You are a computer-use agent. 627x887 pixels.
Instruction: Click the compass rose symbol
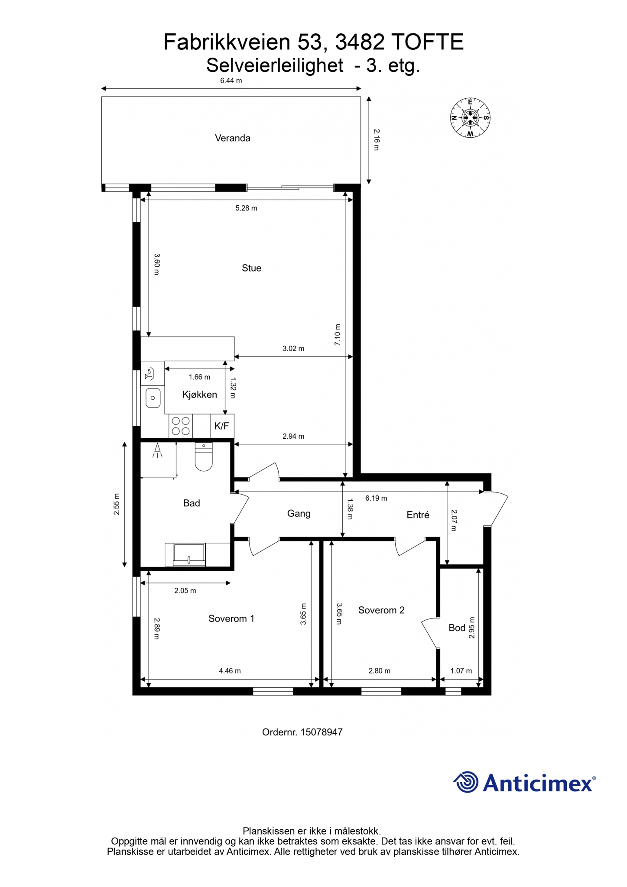[x=470, y=117]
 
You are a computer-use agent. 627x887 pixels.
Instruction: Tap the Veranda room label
[x=233, y=138]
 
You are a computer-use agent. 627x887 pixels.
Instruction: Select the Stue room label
[x=251, y=268]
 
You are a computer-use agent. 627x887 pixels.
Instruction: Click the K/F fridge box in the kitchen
[x=222, y=426]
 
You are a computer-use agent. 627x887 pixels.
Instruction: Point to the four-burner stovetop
[x=181, y=426]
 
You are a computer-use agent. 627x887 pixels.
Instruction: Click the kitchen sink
[x=153, y=398]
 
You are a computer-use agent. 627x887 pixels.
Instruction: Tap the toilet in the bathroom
[x=204, y=456]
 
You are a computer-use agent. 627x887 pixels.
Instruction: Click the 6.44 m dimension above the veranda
[x=231, y=81]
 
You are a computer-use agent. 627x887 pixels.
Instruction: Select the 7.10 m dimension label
[x=338, y=334]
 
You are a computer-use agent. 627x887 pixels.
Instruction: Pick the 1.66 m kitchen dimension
[x=199, y=377]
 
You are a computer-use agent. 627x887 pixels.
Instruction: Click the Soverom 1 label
[x=231, y=618]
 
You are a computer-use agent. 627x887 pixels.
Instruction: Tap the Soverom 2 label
[x=381, y=610]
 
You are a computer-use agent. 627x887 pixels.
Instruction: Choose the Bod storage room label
[x=457, y=628]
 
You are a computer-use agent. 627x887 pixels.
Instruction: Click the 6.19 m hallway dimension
[x=376, y=498]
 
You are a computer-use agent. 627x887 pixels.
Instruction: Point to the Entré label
[x=418, y=515]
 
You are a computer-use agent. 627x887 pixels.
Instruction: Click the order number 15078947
[x=322, y=732]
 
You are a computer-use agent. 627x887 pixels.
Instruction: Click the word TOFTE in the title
[x=428, y=42]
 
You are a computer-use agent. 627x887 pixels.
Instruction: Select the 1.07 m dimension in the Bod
[x=461, y=671]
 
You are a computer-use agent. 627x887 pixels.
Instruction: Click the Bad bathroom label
[x=192, y=503]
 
